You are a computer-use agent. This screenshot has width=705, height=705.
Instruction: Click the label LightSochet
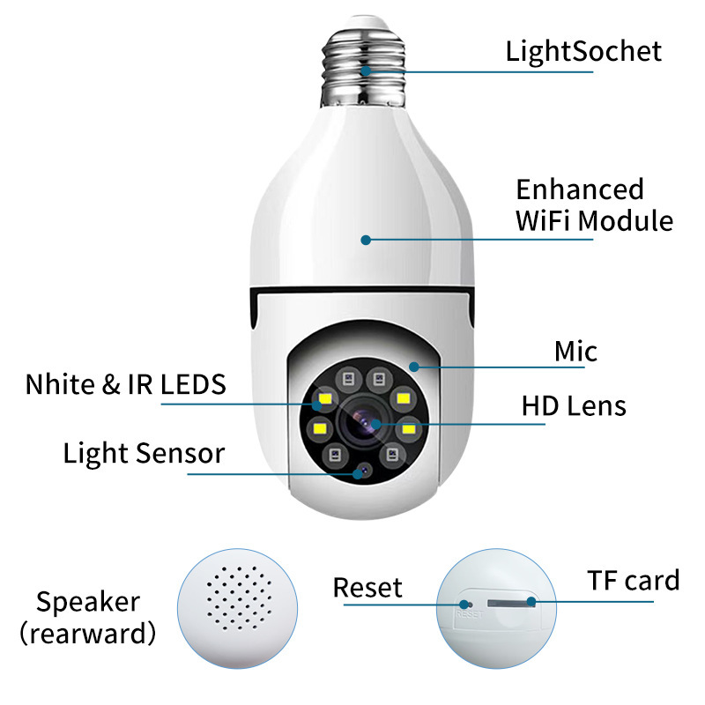[583, 51]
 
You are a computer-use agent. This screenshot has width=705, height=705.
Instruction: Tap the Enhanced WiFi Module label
[594, 204]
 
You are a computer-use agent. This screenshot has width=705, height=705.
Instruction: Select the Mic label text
[575, 352]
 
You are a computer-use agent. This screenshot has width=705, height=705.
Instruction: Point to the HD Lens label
[574, 406]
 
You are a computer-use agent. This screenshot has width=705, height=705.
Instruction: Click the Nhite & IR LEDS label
[126, 384]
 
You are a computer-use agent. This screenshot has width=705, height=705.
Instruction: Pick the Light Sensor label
[144, 454]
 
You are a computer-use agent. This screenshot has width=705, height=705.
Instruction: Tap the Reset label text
[367, 588]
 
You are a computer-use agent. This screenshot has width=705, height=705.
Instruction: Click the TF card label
[634, 581]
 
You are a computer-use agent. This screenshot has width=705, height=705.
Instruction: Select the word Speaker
[88, 602]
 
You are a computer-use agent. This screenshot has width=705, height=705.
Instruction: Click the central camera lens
[363, 423]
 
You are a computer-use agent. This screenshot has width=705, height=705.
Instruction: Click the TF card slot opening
[507, 603]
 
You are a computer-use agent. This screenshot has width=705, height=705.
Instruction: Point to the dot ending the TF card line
[531, 603]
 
